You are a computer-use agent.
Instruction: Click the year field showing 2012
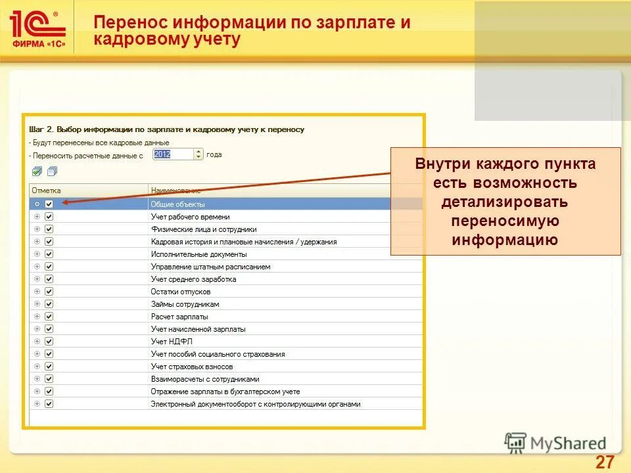pos(172,154)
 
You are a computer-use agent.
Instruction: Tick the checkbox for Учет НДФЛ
pos(49,342)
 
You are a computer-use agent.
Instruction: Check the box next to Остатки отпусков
pos(49,292)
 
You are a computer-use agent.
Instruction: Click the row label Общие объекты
pos(177,204)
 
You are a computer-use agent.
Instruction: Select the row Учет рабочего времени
pos(190,217)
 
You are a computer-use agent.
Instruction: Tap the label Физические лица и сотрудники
pos(203,229)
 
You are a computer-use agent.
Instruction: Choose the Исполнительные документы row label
pos(199,254)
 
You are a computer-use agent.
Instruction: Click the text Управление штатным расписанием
pos(210,267)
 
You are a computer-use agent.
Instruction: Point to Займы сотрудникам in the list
pos(185,304)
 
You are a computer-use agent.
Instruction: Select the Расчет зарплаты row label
pos(179,317)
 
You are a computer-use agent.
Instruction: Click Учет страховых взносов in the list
pos(192,367)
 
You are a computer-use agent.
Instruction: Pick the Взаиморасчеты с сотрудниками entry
pos(205,379)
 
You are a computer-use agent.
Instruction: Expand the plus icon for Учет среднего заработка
pos(37,279)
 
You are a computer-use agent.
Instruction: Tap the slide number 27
pos(604,462)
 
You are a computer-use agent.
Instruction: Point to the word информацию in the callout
pos(505,240)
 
